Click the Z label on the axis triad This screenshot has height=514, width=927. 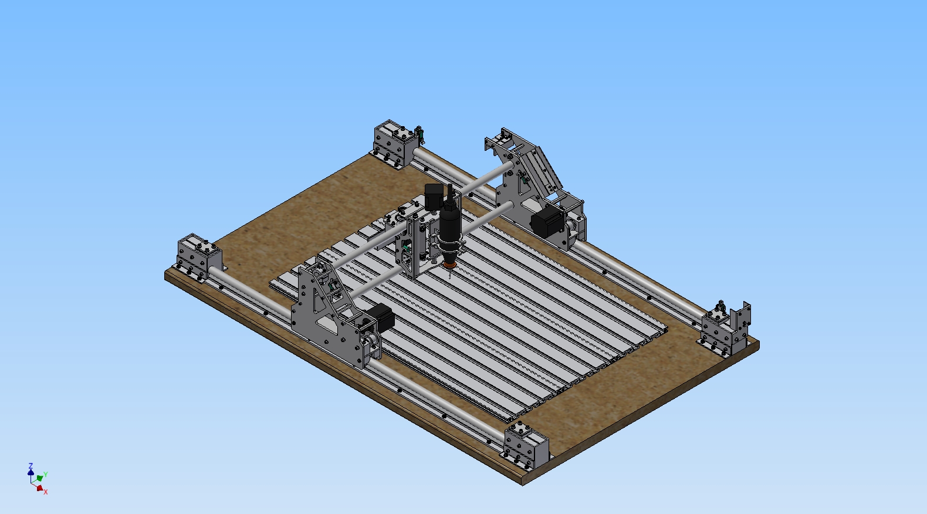click(30, 466)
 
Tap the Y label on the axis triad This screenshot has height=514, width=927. click(46, 474)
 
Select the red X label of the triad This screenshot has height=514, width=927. click(46, 492)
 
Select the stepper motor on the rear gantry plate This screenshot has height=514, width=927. click(547, 221)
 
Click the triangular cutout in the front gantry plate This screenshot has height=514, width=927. click(320, 300)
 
